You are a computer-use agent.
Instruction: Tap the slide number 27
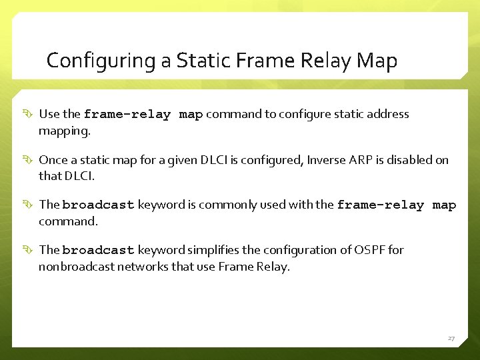tap(451, 339)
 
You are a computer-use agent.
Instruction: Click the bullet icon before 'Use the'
tap(27, 115)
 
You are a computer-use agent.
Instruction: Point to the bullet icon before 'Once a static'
tap(27, 160)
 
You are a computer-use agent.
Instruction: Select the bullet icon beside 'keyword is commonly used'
tap(27, 205)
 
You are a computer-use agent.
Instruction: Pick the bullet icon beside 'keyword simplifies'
tap(27, 251)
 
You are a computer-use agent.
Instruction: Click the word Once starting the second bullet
tap(53, 160)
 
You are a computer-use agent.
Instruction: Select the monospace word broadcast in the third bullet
tap(99, 205)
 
